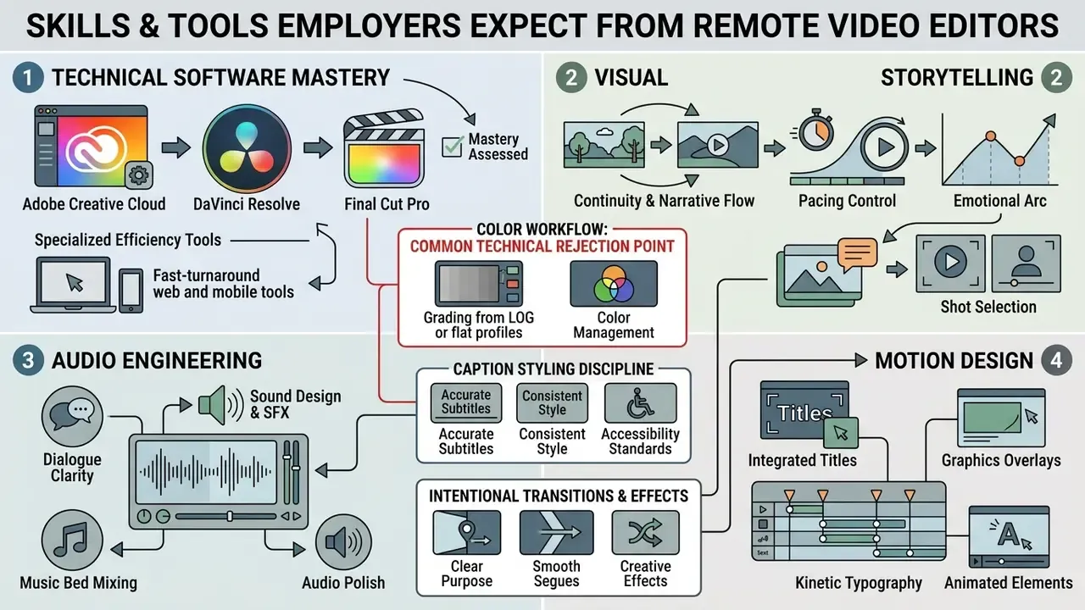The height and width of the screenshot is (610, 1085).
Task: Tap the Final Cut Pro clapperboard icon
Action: [384, 148]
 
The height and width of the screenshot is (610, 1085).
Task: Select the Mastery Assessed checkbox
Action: [453, 147]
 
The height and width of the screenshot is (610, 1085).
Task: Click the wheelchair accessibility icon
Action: [640, 402]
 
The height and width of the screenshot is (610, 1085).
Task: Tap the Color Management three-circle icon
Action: [614, 283]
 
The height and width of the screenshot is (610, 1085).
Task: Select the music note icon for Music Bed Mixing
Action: [72, 540]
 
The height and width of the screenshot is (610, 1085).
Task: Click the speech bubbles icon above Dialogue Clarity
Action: [72, 416]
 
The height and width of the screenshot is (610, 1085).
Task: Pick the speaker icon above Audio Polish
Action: [343, 541]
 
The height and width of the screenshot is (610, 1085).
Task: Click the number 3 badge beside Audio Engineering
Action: [28, 361]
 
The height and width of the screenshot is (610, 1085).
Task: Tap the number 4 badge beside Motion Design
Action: [1056, 361]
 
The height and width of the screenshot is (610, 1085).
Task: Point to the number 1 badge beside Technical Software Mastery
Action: [28, 77]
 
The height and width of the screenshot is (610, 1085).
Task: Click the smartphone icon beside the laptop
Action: [131, 291]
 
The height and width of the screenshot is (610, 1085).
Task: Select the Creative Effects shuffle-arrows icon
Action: [645, 532]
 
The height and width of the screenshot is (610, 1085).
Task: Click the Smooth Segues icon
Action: [557, 532]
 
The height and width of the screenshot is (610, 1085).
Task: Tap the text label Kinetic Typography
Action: [859, 583]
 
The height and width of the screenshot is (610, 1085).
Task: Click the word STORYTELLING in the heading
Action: [957, 77]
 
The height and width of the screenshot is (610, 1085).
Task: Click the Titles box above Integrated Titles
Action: [804, 411]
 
